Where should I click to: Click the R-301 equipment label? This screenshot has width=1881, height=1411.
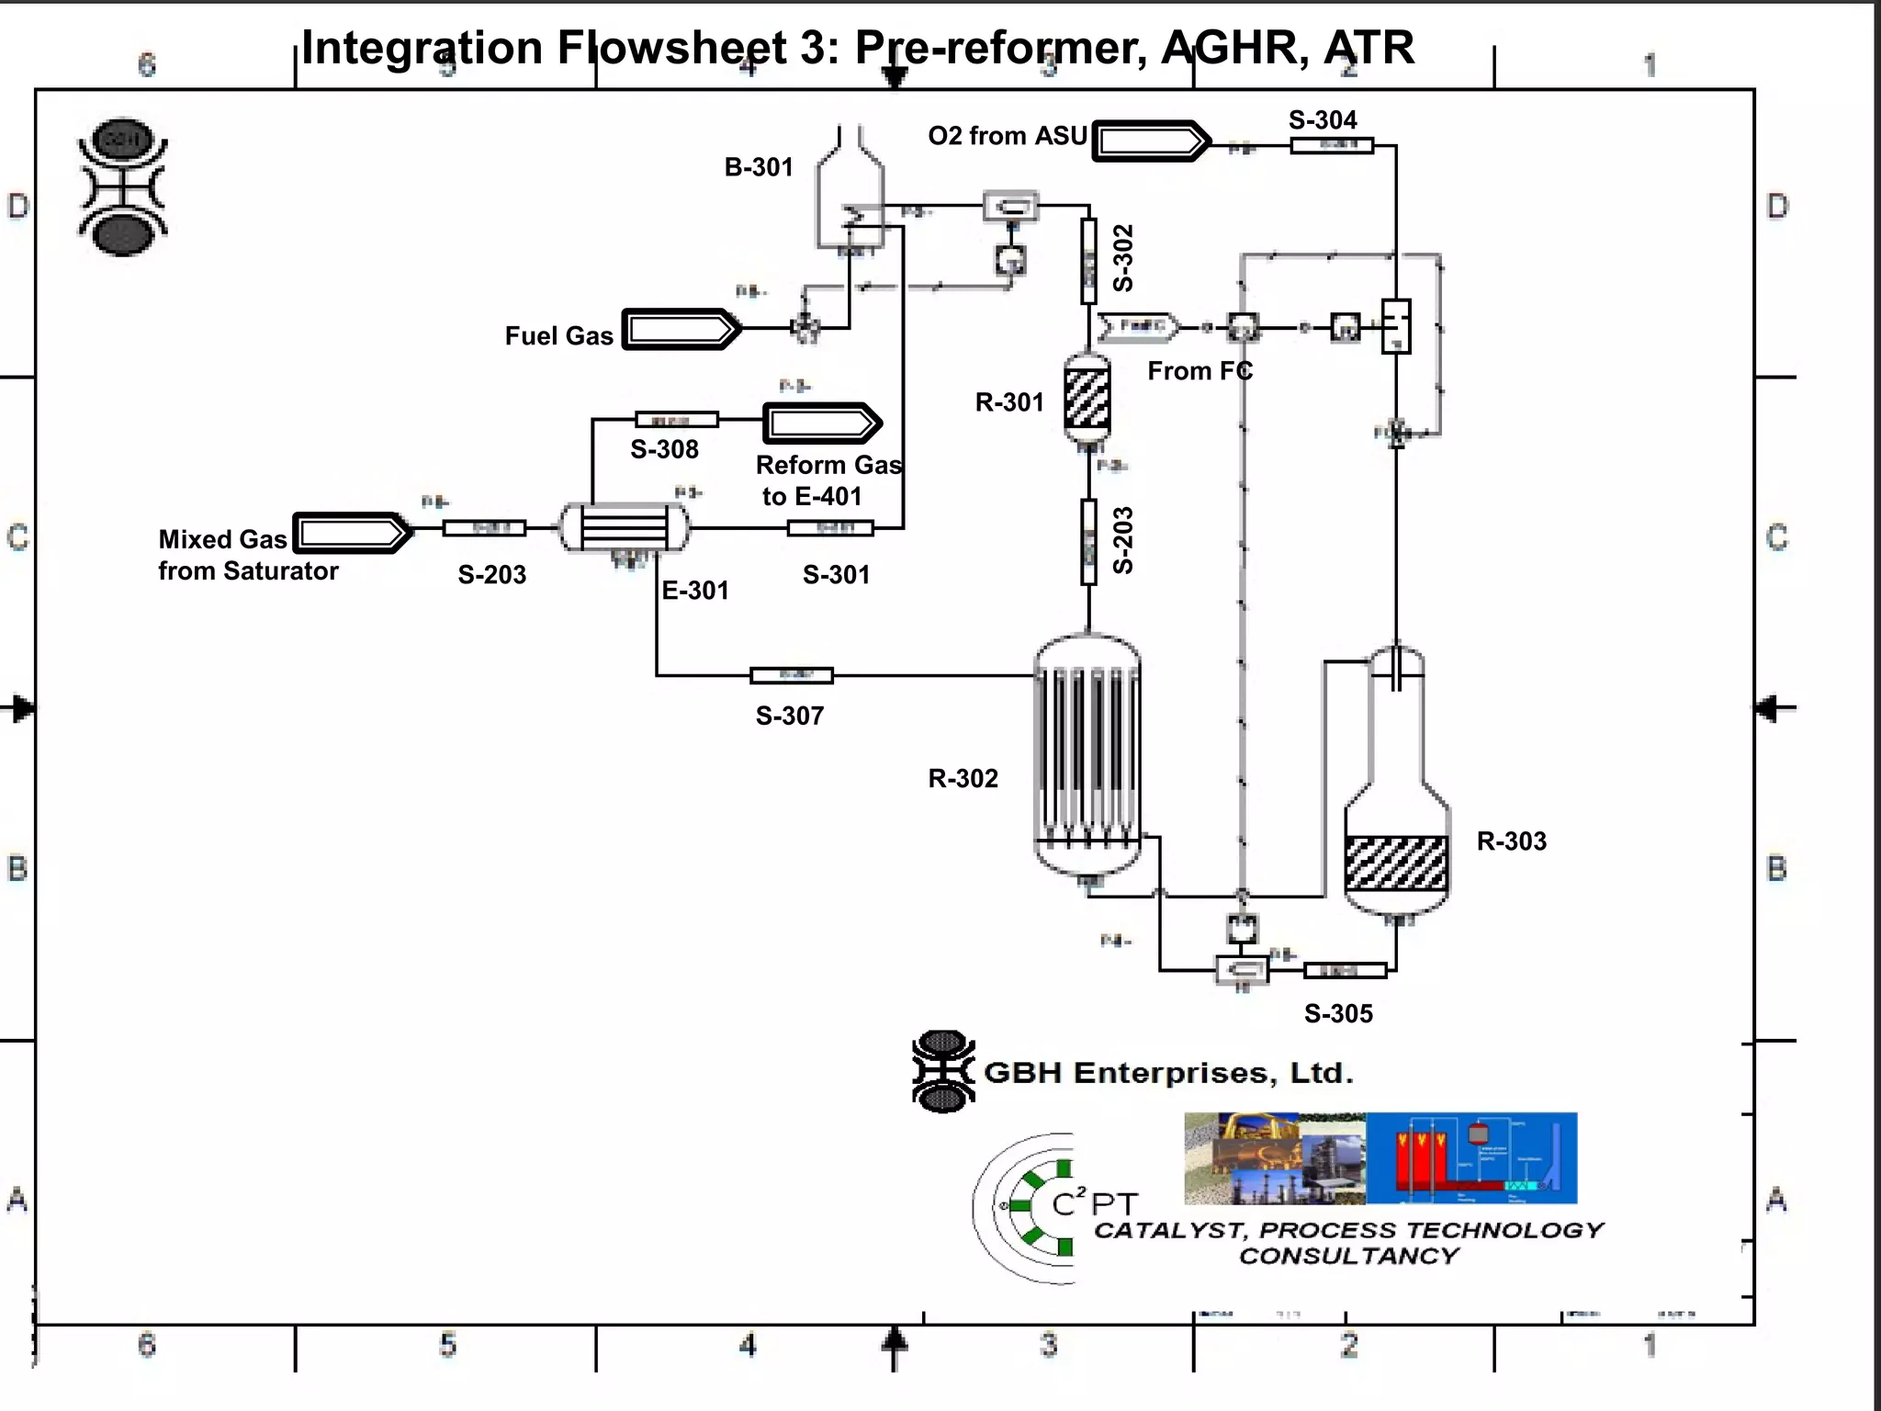1008,402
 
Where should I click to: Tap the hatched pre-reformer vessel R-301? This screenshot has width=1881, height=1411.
1087,398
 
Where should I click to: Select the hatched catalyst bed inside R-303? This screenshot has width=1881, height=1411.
1396,863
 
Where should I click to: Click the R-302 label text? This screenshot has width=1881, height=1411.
963,779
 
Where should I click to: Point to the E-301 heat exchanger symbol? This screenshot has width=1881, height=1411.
625,527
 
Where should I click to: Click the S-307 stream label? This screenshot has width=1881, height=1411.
789,716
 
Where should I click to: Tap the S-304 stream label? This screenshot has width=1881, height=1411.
1322,120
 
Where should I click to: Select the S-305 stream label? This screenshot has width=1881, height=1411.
1338,1014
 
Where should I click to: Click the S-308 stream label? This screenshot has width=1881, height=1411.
664,450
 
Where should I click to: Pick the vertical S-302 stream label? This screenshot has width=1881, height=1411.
1123,258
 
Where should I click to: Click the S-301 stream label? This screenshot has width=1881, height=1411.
836,575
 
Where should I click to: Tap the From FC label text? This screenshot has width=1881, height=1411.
1200,371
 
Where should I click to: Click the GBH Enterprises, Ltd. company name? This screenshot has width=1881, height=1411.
1168,1073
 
